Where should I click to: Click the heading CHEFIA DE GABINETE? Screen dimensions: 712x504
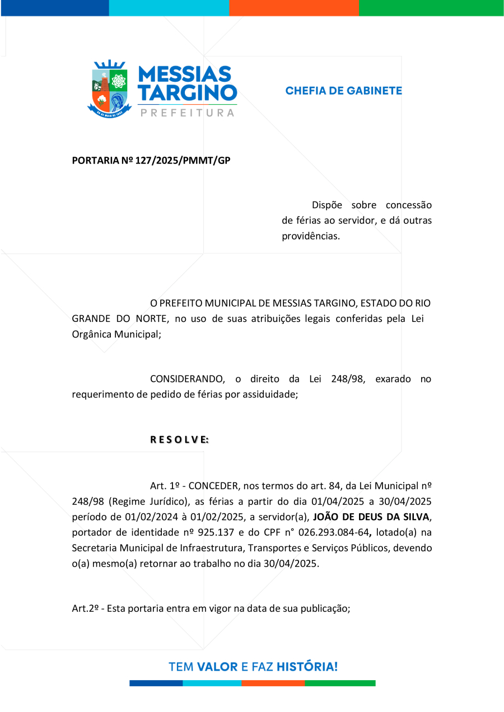click(x=343, y=91)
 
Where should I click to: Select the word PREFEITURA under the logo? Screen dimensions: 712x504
click(x=187, y=113)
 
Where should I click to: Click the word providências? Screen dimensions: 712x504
click(x=311, y=236)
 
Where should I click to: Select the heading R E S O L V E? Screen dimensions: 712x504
click(x=179, y=439)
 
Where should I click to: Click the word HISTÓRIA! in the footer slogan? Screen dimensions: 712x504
click(x=307, y=667)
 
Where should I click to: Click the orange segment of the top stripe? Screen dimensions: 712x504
click(x=293, y=8)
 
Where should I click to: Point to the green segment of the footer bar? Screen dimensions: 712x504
click(x=340, y=683)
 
